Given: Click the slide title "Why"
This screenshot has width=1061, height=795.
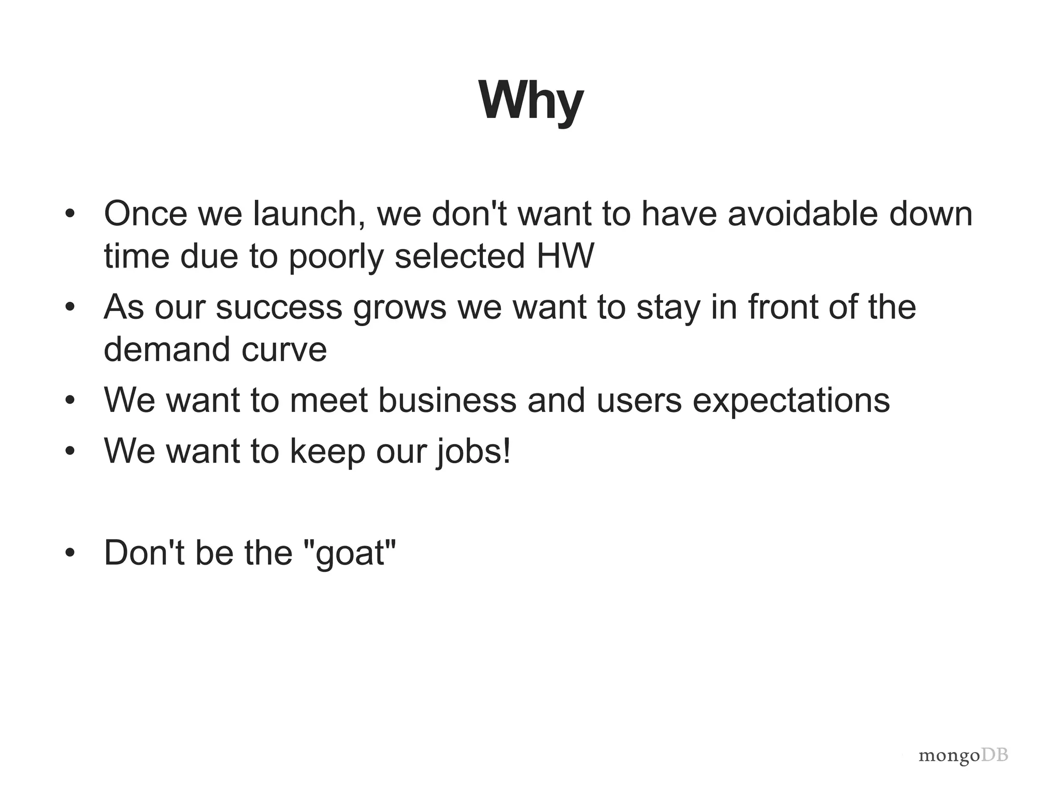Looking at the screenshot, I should (531, 101).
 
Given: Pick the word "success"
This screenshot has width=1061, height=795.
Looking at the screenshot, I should (279, 307).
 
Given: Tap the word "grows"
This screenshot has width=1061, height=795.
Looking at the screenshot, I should (399, 308).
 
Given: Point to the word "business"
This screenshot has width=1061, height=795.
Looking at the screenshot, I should (447, 400).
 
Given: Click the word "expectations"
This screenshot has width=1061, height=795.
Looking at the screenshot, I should (791, 401).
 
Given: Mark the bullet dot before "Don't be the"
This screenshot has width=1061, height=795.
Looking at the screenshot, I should (70, 553).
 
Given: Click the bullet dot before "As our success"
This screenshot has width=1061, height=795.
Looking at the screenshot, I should (70, 307).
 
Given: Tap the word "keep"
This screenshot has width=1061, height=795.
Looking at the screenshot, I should (327, 451).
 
